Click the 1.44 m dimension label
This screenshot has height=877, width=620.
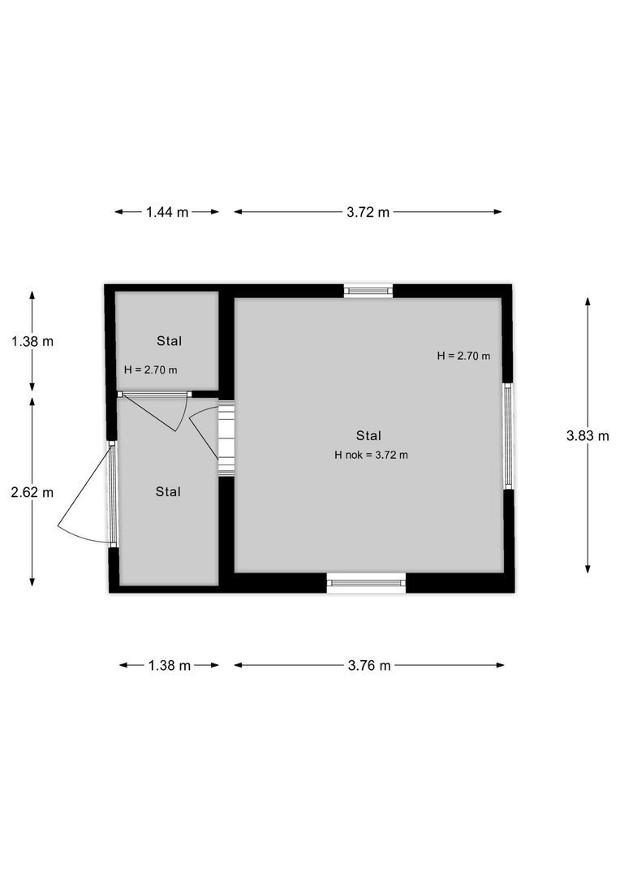point(166,212)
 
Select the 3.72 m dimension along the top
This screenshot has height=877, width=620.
point(368,212)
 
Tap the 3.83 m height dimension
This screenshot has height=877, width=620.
point(588,435)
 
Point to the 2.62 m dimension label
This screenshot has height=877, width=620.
point(32,492)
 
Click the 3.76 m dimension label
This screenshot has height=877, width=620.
point(369,665)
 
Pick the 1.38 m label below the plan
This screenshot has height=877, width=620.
point(169,665)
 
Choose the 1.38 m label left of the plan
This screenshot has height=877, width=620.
point(32,341)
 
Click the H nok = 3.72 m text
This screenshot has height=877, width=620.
point(371,455)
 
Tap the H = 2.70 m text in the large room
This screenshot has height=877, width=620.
point(463,356)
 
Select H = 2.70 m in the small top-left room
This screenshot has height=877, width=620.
point(151,369)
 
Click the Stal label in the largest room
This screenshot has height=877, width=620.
point(368,435)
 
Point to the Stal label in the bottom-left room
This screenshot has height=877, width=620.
point(168,491)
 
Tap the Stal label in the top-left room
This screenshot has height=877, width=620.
point(169,340)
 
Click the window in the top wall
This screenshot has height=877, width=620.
point(368,290)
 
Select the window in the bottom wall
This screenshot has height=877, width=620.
point(366,581)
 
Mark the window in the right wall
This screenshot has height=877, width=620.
point(508,435)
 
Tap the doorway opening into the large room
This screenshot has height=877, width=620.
point(226,437)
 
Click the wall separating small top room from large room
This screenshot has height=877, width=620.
point(226,341)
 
